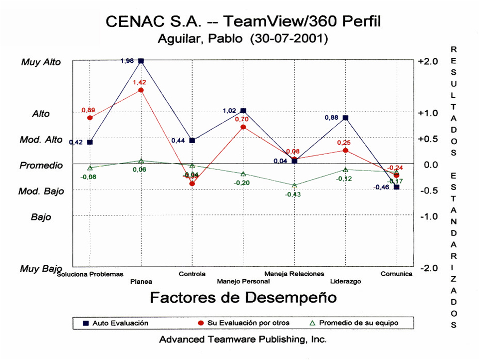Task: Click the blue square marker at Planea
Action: point(141,61)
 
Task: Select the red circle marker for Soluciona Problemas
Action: point(90,118)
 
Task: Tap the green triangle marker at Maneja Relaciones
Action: point(294,185)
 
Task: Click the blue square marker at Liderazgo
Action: point(345,118)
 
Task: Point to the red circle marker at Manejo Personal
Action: point(243,127)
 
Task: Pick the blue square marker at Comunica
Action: point(397,187)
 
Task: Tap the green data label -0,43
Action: point(293,194)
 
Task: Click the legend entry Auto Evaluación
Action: point(120,323)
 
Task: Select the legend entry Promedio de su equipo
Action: point(359,323)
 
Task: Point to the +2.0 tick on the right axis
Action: point(428,61)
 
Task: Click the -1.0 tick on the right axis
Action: point(428,216)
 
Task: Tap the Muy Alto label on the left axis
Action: point(41,62)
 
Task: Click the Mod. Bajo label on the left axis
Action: point(42,191)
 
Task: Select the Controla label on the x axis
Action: point(192,274)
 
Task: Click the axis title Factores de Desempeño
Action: point(243,298)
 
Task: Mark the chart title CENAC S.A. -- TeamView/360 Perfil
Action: point(243,22)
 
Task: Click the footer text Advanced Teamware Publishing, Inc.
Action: point(243,340)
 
